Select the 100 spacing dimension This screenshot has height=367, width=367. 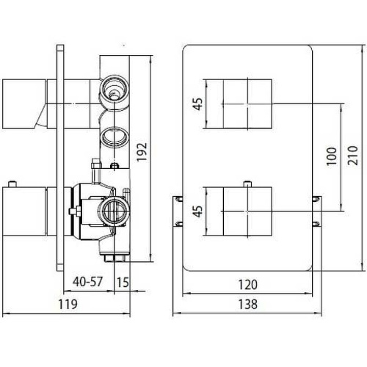point(332,156)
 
